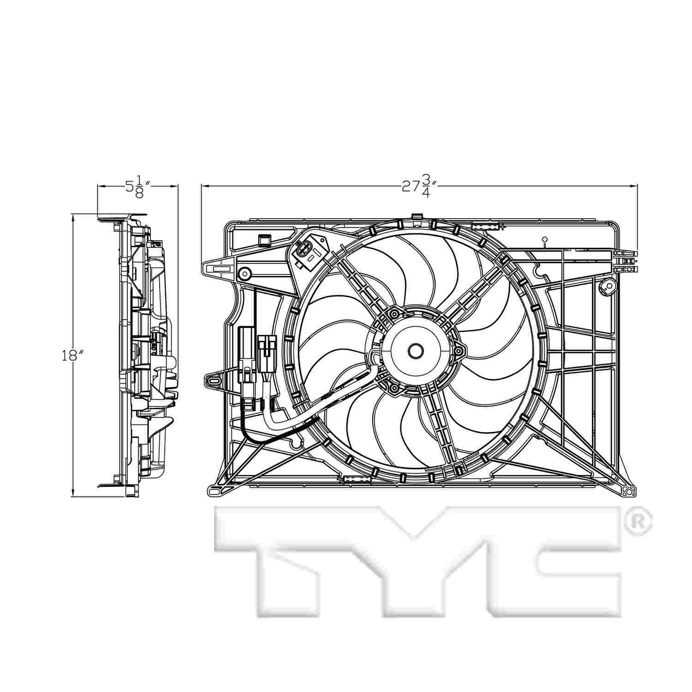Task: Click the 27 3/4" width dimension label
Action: point(419,187)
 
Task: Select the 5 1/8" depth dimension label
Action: point(136,187)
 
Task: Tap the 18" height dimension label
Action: point(73,356)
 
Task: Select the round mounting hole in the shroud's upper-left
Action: point(243,274)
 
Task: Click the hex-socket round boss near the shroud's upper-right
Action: point(608,287)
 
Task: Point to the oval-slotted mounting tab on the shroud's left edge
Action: point(214,381)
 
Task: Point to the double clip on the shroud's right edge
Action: point(626,261)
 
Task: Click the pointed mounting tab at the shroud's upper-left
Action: point(217,267)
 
